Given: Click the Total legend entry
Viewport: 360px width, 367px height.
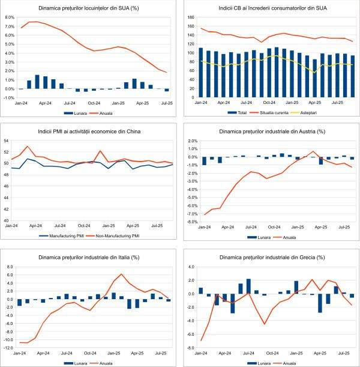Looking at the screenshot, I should pos(238,112).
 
